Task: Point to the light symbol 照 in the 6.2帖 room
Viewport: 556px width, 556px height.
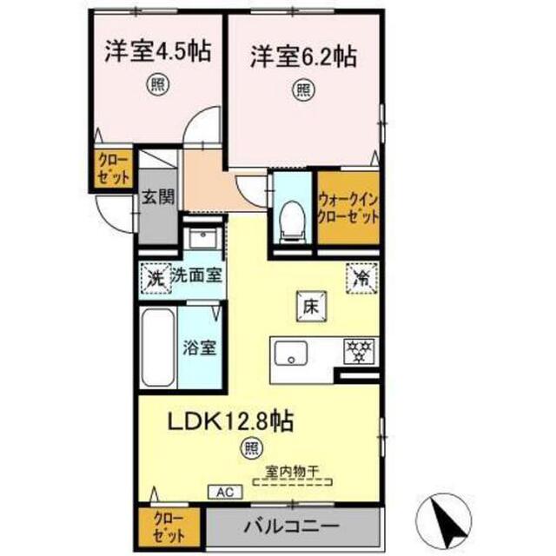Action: coord(301,89)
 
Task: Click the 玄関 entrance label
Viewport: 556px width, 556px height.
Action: coord(158,197)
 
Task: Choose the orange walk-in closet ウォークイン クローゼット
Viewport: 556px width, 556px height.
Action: coord(348,207)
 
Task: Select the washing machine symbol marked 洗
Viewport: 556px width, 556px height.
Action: coord(154,279)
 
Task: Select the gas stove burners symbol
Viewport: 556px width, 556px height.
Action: coord(357,352)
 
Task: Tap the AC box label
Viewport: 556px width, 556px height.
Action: coord(222,492)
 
